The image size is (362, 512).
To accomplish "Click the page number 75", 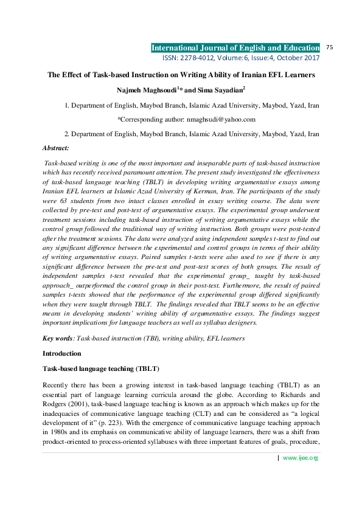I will pyautogui.click(x=331, y=47).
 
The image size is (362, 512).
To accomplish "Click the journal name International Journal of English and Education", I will pyautogui.click(x=235, y=47).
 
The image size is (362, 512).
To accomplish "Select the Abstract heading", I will pyautogui.click(x=55, y=148).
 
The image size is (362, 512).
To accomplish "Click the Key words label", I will pyautogui.click(x=57, y=337).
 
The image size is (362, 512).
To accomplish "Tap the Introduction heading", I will pyautogui.click(x=61, y=353).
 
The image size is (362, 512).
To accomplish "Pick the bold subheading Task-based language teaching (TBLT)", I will pyautogui.click(x=100, y=369).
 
